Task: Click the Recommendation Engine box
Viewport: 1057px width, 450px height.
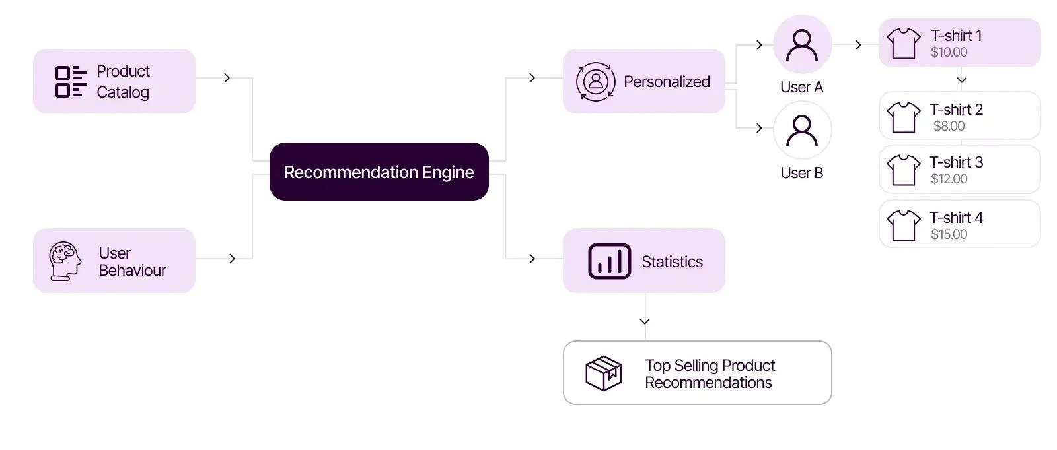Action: [379, 172]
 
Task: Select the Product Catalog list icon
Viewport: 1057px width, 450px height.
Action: [71, 81]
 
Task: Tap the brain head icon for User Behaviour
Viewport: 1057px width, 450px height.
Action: [65, 261]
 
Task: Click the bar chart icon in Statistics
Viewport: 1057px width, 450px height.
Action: [609, 261]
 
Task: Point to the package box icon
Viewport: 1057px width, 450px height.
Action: [603, 373]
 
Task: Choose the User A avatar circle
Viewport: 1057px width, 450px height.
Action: [802, 44]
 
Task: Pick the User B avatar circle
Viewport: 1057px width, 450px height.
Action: [802, 131]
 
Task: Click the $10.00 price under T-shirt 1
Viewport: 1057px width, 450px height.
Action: [949, 53]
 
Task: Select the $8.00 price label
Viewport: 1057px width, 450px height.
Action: [949, 126]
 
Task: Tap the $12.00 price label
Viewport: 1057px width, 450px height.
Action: [949, 179]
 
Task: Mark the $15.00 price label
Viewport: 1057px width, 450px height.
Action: [949, 234]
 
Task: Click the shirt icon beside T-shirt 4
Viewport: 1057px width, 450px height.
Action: [903, 226]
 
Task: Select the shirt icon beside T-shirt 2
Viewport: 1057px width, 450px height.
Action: [903, 117]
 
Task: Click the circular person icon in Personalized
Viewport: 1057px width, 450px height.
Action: [595, 81]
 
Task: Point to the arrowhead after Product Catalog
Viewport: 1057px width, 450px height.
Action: [227, 78]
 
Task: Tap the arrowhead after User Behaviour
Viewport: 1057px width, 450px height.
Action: [232, 259]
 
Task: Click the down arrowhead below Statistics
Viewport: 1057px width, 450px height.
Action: [645, 321]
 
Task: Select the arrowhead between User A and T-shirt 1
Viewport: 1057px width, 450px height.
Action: [858, 45]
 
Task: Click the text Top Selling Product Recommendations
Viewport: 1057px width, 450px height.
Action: [710, 374]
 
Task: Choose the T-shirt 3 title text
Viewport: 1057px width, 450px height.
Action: [956, 162]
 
